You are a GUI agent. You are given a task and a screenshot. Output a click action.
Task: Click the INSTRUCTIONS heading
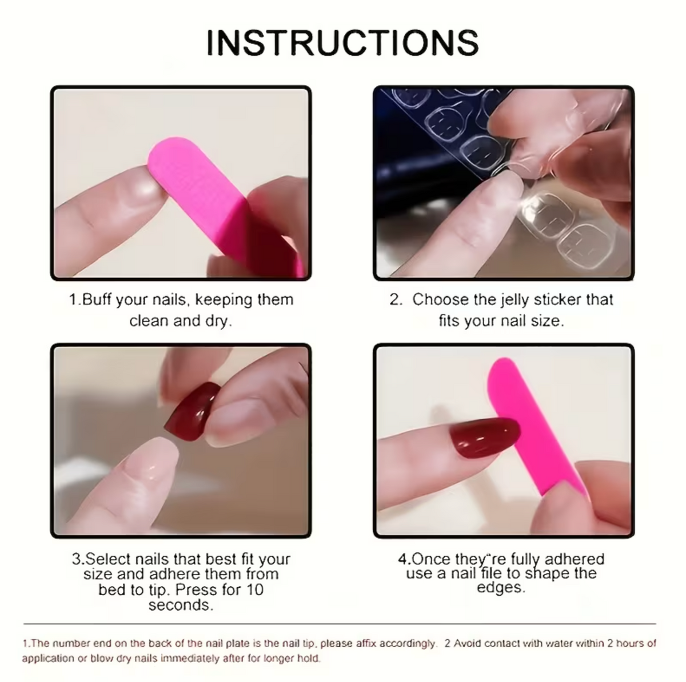coord(342,43)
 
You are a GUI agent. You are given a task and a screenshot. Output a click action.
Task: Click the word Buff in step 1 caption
coord(97,299)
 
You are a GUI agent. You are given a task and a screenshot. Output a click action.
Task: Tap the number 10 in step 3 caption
coord(254,590)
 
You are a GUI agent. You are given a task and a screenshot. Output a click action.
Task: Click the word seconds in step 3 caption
coord(181,605)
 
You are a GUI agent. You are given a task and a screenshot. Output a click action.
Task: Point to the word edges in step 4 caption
coord(501,588)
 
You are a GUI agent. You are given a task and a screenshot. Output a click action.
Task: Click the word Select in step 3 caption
coord(106,560)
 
